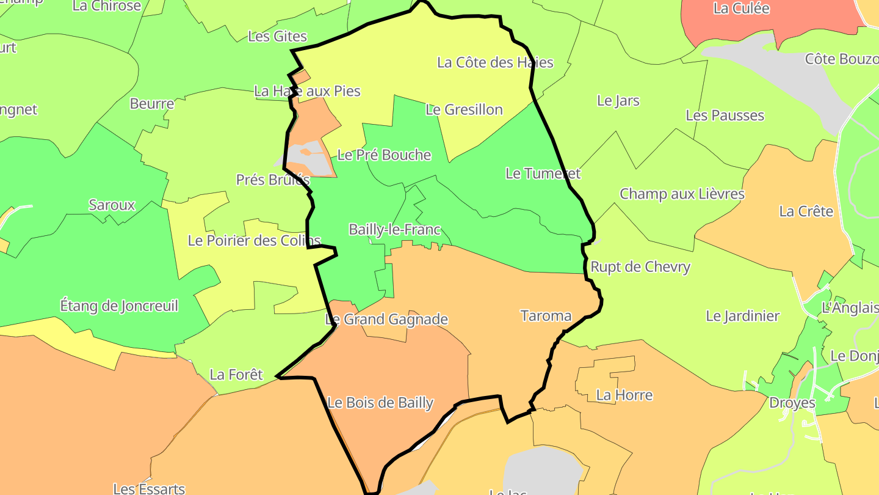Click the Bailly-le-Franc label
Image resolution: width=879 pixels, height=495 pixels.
(x=394, y=230)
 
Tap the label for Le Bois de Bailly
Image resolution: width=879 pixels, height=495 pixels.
(x=380, y=403)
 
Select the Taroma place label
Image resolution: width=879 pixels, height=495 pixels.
(x=546, y=316)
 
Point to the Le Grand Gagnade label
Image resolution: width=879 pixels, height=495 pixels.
(x=386, y=319)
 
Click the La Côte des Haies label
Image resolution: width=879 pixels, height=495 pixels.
(x=495, y=62)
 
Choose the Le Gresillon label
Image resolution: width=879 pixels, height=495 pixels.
(x=464, y=109)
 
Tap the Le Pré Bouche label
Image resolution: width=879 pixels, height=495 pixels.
(x=384, y=155)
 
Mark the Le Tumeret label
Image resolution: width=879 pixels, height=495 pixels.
(x=543, y=174)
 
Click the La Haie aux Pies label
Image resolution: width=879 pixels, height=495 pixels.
(x=307, y=91)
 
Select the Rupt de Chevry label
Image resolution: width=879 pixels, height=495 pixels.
(x=640, y=267)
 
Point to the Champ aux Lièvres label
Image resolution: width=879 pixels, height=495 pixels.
(x=682, y=194)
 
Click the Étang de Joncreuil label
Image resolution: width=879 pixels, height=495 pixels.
(x=119, y=306)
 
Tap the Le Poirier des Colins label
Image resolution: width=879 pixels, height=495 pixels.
(x=254, y=241)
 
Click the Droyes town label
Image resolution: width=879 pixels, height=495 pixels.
(x=792, y=403)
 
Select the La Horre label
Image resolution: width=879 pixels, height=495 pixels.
(x=624, y=395)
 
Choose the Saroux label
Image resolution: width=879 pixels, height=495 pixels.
(x=112, y=205)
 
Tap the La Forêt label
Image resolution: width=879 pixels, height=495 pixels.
(x=236, y=375)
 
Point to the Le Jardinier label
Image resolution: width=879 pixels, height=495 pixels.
(x=742, y=316)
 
